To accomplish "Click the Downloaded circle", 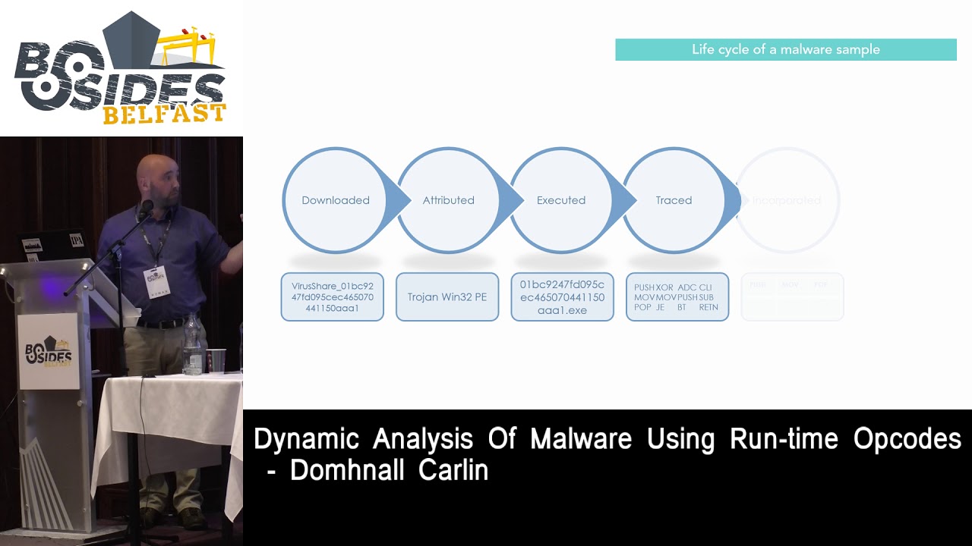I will coord(335,200).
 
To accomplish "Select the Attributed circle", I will coord(448,200).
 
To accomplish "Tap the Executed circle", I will coord(561,200).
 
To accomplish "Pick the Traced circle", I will coord(674,200).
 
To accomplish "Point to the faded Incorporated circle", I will coord(787,200).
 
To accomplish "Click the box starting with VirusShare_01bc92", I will coord(333,297).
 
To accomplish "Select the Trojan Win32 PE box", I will coord(447,297).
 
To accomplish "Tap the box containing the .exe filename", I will coord(562,297).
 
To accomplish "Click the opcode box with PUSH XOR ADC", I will coord(677,297).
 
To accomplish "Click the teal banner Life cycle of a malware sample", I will coord(785,50).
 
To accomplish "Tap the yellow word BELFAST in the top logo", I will coord(164,115).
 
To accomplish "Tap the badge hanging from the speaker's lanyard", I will coord(156,281).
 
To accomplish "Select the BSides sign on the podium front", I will coord(48,351).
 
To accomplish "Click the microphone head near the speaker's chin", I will coord(146,206).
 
